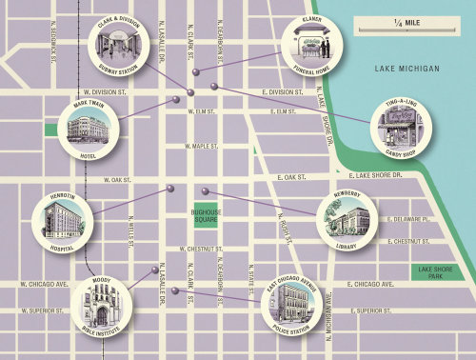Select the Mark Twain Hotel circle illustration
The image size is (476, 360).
(x=89, y=128)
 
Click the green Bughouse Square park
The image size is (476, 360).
(x=206, y=216)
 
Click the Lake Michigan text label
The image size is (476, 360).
(x=406, y=69)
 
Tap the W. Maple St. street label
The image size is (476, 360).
(x=204, y=146)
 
